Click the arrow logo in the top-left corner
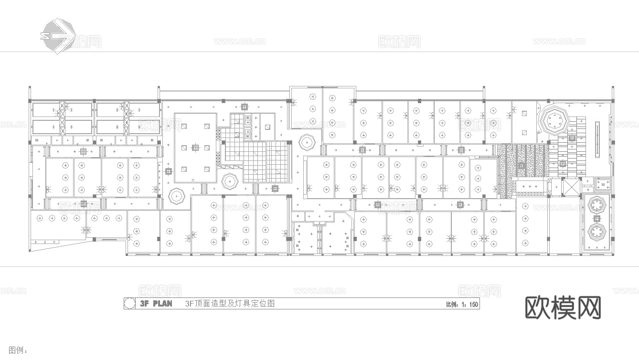tap(58, 35)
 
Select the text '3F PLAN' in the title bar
tap(156, 304)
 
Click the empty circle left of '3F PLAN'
tap(128, 304)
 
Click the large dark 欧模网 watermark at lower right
tap(563, 307)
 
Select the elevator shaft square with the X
tap(571, 186)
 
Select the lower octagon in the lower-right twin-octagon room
tap(596, 233)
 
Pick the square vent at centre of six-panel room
tap(195, 148)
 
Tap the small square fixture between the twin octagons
tap(596, 219)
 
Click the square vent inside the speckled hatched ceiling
tap(522, 165)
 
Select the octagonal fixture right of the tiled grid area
tap(306, 142)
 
